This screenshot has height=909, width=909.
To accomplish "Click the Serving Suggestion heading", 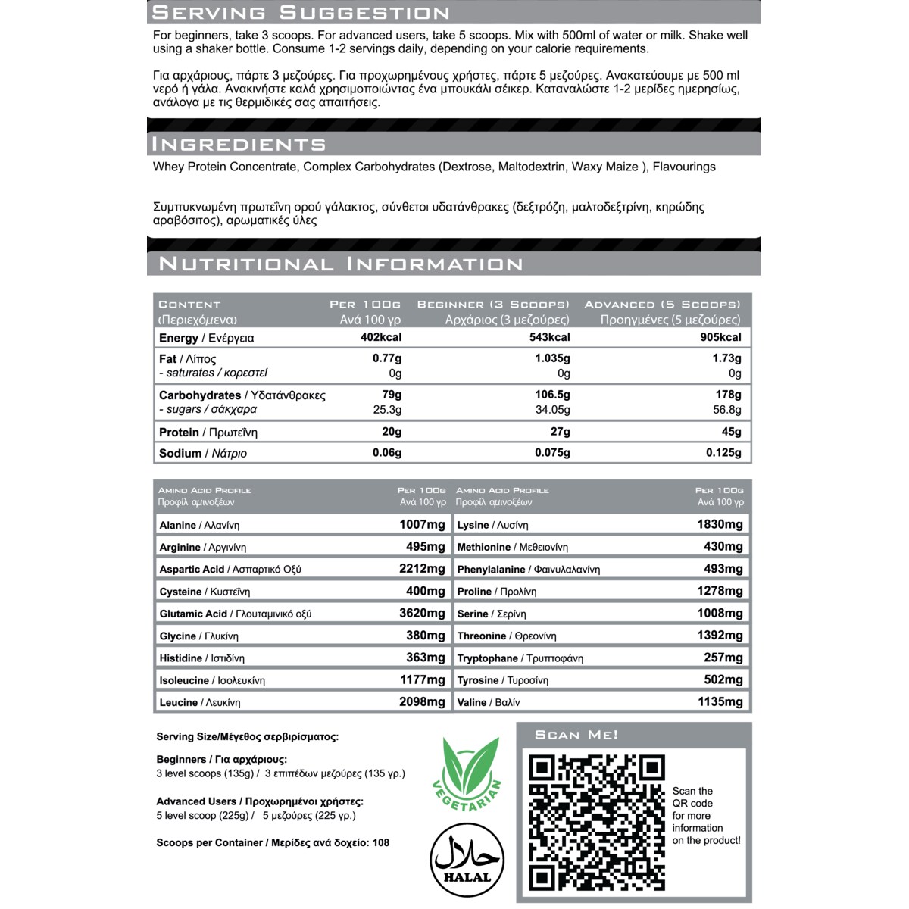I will point(301,13).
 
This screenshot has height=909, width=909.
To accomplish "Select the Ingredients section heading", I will point(239,144).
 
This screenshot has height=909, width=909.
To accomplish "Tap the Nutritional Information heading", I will point(341,264).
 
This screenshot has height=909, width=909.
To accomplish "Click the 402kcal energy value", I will point(380,337).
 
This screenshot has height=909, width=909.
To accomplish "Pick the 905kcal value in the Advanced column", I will point(720,337).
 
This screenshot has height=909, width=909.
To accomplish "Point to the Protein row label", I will point(179,432).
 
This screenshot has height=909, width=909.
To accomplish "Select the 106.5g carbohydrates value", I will point(552,395).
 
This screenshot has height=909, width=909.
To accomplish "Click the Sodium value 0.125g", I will point(723,453).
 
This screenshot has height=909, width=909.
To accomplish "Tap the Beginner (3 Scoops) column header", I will point(493,305).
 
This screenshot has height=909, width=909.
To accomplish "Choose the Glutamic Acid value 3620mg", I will point(422,614).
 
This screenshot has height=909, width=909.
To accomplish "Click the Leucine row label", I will point(178,702).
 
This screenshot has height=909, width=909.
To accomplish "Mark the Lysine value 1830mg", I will point(720,524).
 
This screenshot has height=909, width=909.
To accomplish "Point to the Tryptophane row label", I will point(487,658).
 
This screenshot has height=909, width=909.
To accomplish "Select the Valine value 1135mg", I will point(720,702).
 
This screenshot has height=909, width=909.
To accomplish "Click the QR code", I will point(597,823).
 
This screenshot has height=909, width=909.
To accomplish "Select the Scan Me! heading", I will point(576,735).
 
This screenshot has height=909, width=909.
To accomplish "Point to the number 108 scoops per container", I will point(381,842).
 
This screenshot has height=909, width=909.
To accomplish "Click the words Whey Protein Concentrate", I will point(224,167).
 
